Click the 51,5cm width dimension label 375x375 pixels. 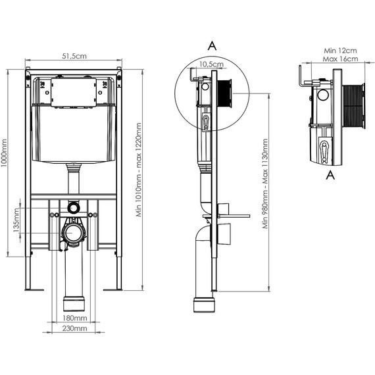[x=74, y=57]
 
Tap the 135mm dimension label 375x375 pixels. [x=18, y=222]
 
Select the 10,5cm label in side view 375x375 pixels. [x=211, y=64]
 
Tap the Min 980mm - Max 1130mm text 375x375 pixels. [x=265, y=184]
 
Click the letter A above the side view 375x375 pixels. [x=211, y=45]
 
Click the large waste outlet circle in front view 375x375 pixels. [x=74, y=233]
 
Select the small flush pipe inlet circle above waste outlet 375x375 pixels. [x=74, y=208]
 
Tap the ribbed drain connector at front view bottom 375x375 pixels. [x=74, y=303]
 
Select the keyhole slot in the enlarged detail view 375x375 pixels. [x=324, y=149]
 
